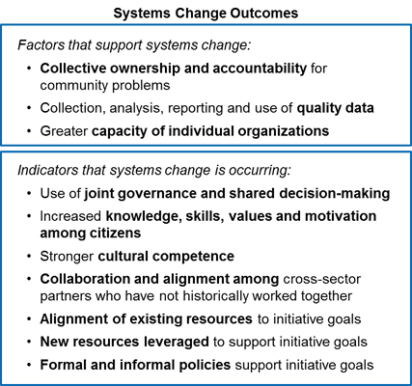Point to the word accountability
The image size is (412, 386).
coord(260,69)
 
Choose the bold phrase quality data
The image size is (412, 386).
coord(335,108)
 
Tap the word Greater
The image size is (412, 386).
coord(64,131)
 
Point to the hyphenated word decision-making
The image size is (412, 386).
coord(335,194)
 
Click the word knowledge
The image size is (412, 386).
coord(142,216)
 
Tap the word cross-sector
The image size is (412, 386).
coord(321,279)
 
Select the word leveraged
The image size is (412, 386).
coord(177,342)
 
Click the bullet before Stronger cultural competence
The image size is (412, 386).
coord(30,257)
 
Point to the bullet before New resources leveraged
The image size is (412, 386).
coord(30,342)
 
